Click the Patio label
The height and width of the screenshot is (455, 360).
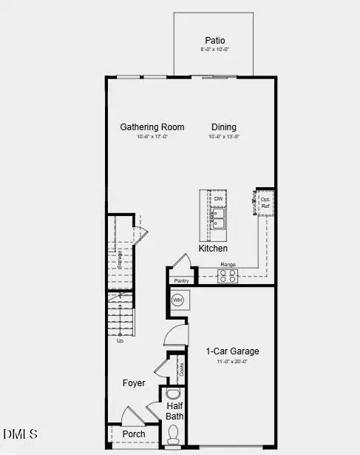click(216, 41)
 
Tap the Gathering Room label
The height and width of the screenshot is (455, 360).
click(152, 127)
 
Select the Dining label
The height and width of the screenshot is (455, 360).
click(223, 127)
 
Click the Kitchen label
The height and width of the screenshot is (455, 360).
click(213, 249)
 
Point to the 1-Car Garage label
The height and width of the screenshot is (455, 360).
click(232, 351)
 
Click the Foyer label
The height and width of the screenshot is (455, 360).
click(134, 383)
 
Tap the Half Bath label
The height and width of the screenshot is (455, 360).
click(175, 411)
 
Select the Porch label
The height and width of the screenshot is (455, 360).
click(134, 434)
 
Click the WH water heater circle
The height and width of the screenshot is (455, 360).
click(177, 300)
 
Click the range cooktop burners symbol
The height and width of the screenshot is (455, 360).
click(228, 277)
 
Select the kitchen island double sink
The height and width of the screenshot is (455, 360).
click(218, 218)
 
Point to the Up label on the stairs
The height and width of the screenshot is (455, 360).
click(120, 341)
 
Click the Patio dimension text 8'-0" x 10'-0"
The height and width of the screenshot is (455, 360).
click(216, 50)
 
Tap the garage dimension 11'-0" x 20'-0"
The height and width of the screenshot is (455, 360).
click(232, 362)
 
